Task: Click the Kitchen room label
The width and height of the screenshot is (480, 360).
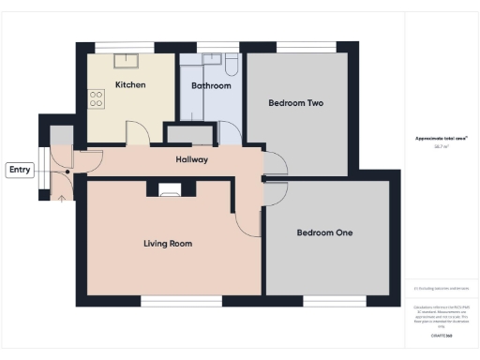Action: pos(129,84)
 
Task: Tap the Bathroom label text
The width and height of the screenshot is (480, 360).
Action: pos(211,85)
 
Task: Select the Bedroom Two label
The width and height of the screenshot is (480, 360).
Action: pos(296,103)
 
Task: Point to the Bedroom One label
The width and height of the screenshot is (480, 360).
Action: pos(324,232)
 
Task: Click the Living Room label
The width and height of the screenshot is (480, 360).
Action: pos(168,244)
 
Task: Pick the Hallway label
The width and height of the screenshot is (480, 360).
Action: pos(192,159)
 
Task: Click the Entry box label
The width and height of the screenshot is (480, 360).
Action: pos(19,170)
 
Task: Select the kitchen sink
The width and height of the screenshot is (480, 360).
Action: pos(125,60)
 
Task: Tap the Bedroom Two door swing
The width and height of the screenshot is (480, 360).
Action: pos(275,164)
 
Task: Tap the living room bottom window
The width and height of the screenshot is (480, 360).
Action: pos(168,301)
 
